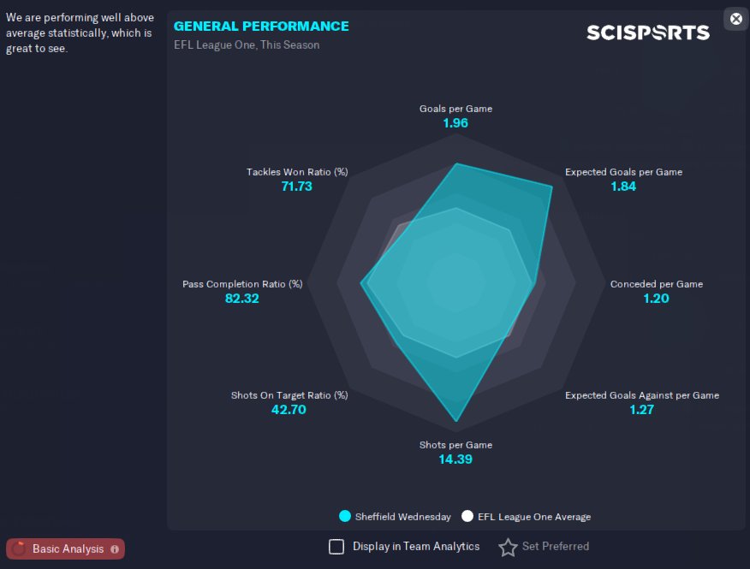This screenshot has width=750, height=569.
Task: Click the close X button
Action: pos(736,19)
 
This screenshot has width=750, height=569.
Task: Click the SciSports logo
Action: pos(648,33)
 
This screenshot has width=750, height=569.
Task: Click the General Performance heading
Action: pos(261,27)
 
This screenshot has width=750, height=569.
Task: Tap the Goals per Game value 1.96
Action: pos(455,123)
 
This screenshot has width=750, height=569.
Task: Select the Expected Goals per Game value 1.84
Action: pos(623,187)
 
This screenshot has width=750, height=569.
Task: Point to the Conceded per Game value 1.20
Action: pos(656,299)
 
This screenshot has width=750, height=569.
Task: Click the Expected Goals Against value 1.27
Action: pos(641,410)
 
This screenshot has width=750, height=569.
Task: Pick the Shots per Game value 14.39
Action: pos(455,459)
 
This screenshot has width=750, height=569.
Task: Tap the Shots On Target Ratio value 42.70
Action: pos(289,410)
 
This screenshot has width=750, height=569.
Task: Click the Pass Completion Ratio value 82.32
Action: pos(242,299)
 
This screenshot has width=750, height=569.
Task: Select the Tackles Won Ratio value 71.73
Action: pos(296,187)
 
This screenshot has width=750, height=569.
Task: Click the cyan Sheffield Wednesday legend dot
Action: pos(345,517)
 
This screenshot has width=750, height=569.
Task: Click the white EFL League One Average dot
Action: pos(467,517)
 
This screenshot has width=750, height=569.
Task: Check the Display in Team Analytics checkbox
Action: pos(336,547)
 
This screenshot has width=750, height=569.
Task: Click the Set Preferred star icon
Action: pos(508,547)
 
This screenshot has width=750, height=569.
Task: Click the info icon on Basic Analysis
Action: pos(115,549)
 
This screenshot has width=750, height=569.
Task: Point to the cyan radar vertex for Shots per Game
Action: pos(456,421)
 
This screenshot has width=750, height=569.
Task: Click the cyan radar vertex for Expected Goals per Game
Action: pos(552,187)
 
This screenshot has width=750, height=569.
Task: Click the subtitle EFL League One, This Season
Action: pos(247,45)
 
